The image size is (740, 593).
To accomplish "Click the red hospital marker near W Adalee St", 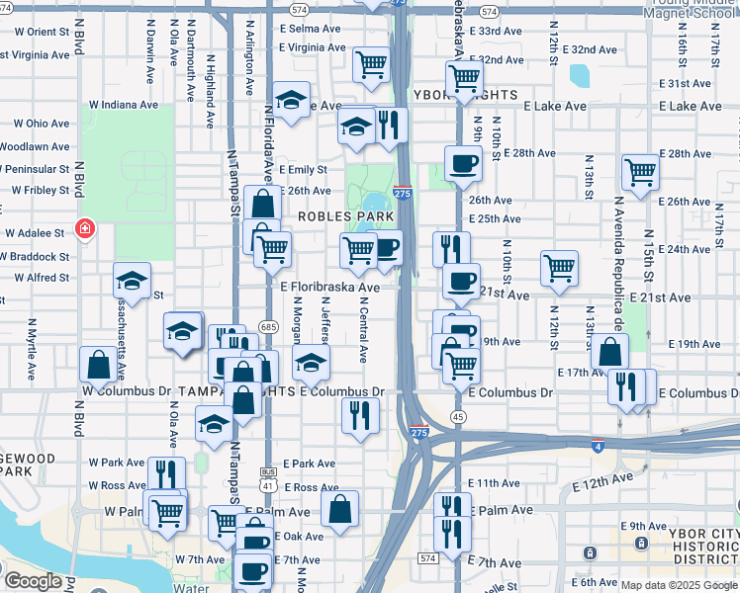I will pyautogui.click(x=85, y=229).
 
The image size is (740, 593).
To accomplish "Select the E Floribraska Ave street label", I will pyautogui.click(x=329, y=288).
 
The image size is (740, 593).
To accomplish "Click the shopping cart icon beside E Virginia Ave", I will pyautogui.click(x=371, y=64).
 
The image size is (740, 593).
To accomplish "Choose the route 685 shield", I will pyautogui.click(x=267, y=326).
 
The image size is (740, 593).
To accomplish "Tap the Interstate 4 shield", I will pyautogui.click(x=598, y=446).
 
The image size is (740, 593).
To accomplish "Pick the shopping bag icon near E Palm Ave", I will pyautogui.click(x=339, y=510).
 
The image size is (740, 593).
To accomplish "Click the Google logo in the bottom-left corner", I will pyautogui.click(x=33, y=581).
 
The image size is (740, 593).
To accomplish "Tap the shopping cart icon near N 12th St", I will pyautogui.click(x=560, y=267).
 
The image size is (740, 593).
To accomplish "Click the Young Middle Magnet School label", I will pyautogui.click(x=690, y=10).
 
